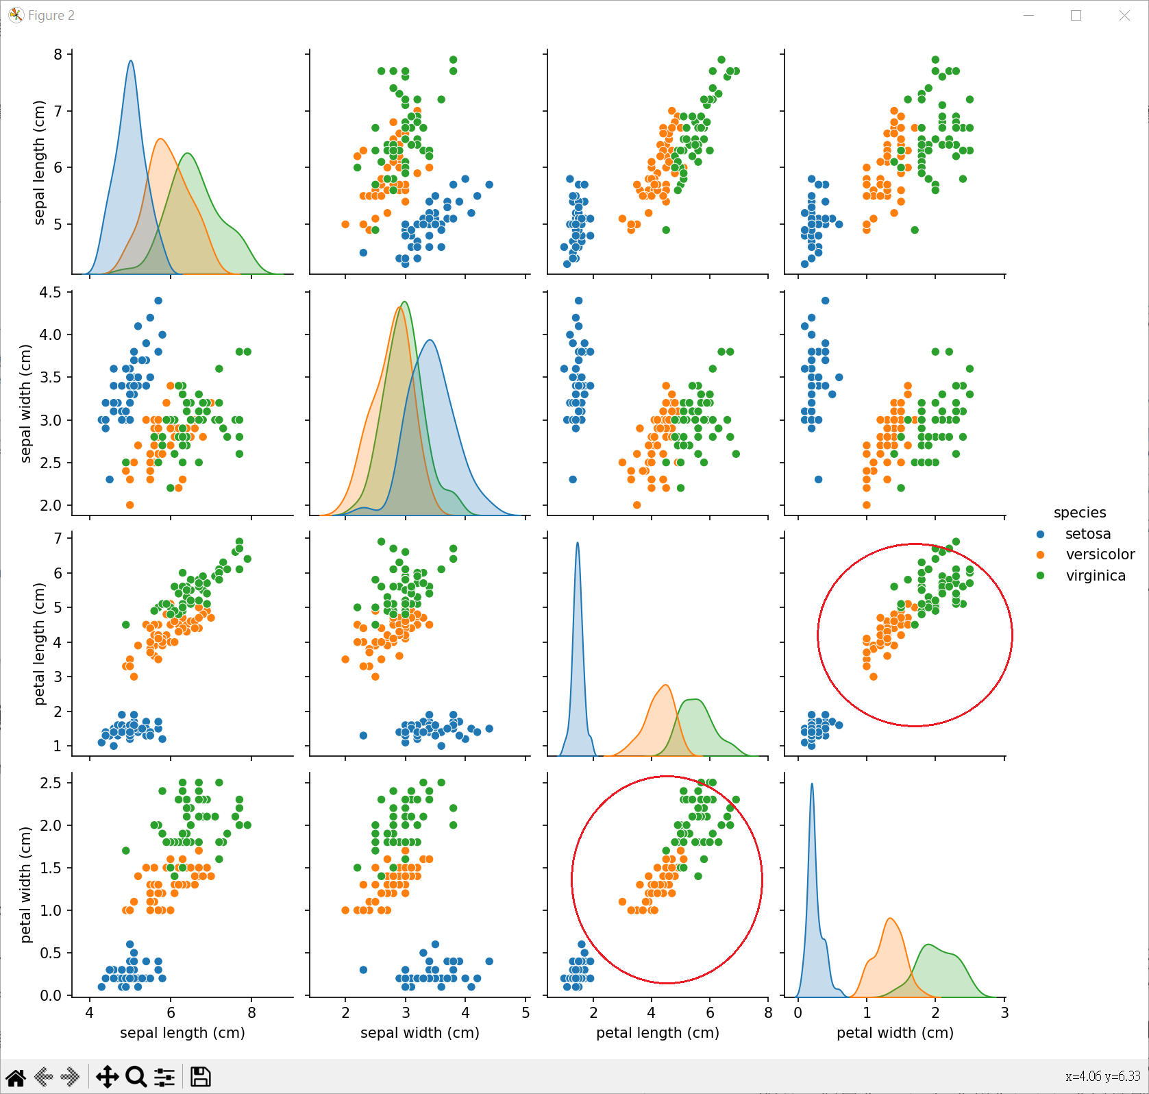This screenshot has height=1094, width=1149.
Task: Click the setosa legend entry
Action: pyautogui.click(x=1087, y=534)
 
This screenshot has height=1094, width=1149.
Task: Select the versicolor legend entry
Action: pyautogui.click(x=1100, y=555)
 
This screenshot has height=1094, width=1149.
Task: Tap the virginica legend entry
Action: pyautogui.click(x=1095, y=576)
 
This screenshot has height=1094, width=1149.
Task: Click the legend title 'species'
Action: pyautogui.click(x=1079, y=513)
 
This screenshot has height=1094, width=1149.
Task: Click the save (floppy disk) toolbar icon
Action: pyautogui.click(x=200, y=1077)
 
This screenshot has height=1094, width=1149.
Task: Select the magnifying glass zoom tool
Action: pyautogui.click(x=136, y=1077)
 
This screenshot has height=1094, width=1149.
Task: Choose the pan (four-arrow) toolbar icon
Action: pyautogui.click(x=107, y=1077)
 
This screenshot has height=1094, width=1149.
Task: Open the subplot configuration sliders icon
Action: pyautogui.click(x=164, y=1077)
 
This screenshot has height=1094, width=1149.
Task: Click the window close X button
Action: pyautogui.click(x=1124, y=16)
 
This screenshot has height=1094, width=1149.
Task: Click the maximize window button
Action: pyautogui.click(x=1076, y=16)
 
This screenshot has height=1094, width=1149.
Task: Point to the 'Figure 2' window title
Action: pyautogui.click(x=51, y=16)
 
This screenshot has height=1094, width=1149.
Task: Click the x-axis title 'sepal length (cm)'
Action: pyautogui.click(x=182, y=1033)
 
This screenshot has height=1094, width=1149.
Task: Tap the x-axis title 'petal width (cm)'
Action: pyautogui.click(x=895, y=1033)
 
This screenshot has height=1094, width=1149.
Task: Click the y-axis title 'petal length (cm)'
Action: pyautogui.click(x=39, y=644)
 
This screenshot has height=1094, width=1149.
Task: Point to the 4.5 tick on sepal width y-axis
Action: pyautogui.click(x=50, y=293)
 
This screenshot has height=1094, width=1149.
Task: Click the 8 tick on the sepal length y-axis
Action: pyautogui.click(x=58, y=55)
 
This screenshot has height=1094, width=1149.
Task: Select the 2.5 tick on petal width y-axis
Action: pyautogui.click(x=50, y=783)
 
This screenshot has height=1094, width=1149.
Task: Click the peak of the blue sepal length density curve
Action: pyautogui.click(x=130, y=61)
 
